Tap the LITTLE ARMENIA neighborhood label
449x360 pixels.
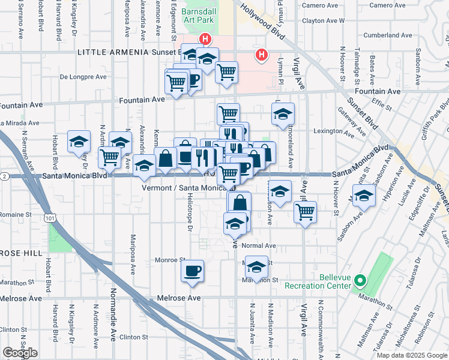(113, 52)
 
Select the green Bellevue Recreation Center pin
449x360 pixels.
(360, 280)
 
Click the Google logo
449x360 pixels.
(20, 353)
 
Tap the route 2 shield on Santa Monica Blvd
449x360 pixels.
(4, 176)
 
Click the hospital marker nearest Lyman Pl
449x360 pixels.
(261, 55)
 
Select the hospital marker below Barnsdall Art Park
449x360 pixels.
(205, 40)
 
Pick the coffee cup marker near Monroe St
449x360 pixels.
(192, 271)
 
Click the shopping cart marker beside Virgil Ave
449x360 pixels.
(306, 212)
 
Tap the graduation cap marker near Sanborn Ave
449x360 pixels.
(363, 196)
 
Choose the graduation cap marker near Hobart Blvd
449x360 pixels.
(79, 142)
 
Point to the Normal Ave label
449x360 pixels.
(258, 245)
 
